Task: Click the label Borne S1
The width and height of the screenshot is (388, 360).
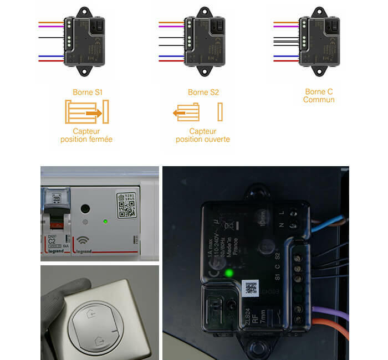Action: [x=88, y=92]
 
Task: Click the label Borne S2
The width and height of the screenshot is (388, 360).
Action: [x=203, y=92]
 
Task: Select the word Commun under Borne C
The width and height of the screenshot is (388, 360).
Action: [x=319, y=100]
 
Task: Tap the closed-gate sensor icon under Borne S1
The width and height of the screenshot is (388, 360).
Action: [x=87, y=112]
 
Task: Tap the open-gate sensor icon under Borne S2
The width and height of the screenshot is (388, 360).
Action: [x=197, y=112]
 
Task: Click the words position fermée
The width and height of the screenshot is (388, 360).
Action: [x=86, y=140]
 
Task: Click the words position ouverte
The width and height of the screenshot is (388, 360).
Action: [x=203, y=140]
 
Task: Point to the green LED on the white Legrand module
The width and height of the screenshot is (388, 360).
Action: [x=105, y=222]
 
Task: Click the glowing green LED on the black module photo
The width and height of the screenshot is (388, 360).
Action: [x=228, y=273]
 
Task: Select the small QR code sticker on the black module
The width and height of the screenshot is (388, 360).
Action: [x=251, y=287]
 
